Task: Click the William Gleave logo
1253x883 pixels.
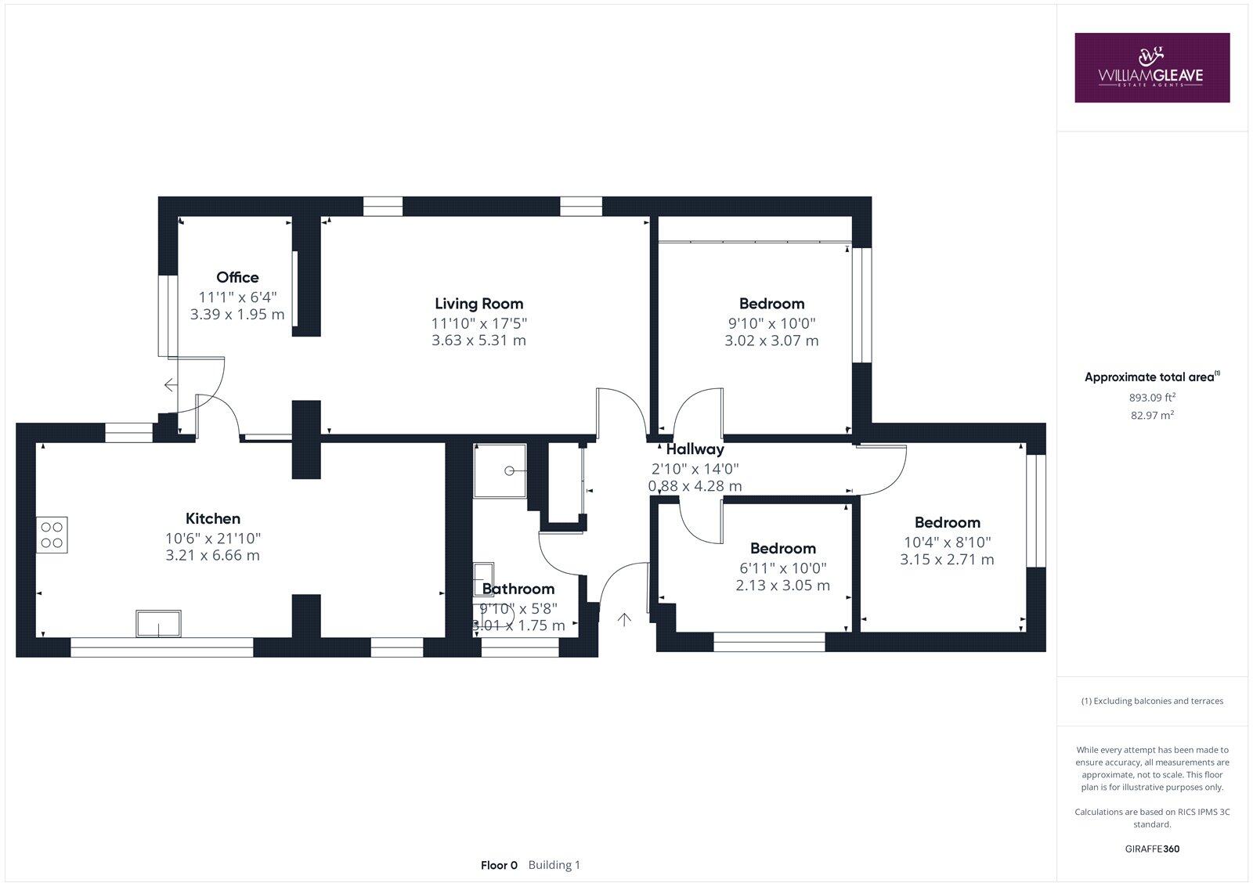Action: (x=1151, y=67)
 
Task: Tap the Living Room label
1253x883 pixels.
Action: (x=478, y=304)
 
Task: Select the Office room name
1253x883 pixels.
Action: (x=237, y=277)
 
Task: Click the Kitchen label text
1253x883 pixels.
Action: (x=212, y=518)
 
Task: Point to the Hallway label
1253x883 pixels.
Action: (x=695, y=449)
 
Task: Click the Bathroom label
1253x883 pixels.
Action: (x=518, y=589)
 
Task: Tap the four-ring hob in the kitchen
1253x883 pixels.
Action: (x=52, y=535)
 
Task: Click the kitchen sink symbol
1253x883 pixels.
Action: (x=159, y=624)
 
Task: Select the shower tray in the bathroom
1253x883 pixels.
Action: (x=500, y=470)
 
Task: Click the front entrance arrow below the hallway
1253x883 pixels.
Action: (x=624, y=620)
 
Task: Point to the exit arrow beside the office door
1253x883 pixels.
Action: (x=170, y=384)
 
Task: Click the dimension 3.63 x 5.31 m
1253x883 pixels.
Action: (x=478, y=341)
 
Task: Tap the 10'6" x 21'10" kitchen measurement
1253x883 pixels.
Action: (x=212, y=539)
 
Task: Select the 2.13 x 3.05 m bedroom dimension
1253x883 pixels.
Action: (x=782, y=586)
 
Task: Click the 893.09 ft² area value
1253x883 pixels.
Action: (x=1152, y=397)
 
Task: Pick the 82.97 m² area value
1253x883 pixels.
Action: (x=1152, y=416)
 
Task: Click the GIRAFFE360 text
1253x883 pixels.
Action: (x=1152, y=849)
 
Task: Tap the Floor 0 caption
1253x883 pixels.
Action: (x=499, y=865)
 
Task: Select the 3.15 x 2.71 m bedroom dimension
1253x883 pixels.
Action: (x=947, y=560)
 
